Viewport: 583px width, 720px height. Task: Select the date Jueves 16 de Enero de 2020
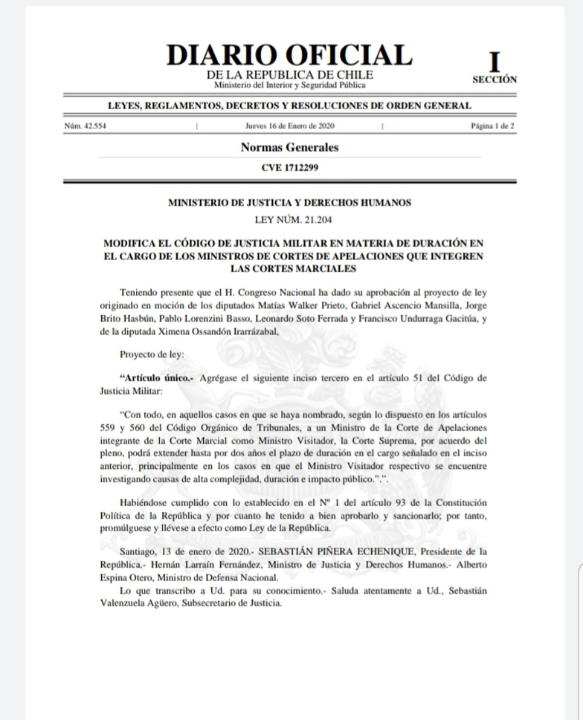tap(289, 126)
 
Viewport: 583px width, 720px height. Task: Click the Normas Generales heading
tap(289, 147)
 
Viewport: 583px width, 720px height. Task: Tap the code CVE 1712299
tap(289, 168)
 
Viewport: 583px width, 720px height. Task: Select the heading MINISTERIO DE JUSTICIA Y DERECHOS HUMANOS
tap(289, 202)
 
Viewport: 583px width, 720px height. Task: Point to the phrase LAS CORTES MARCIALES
tap(289, 268)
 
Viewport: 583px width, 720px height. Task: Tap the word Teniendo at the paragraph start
tap(140, 291)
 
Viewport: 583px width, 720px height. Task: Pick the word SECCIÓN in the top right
tap(495, 79)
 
